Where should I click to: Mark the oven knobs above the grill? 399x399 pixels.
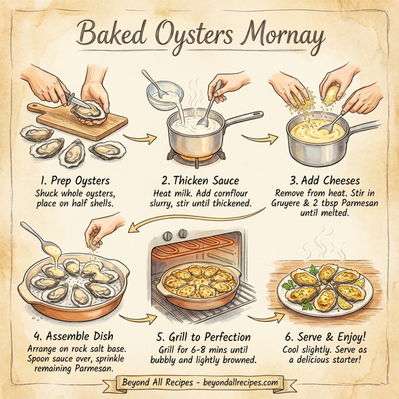(176, 235)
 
